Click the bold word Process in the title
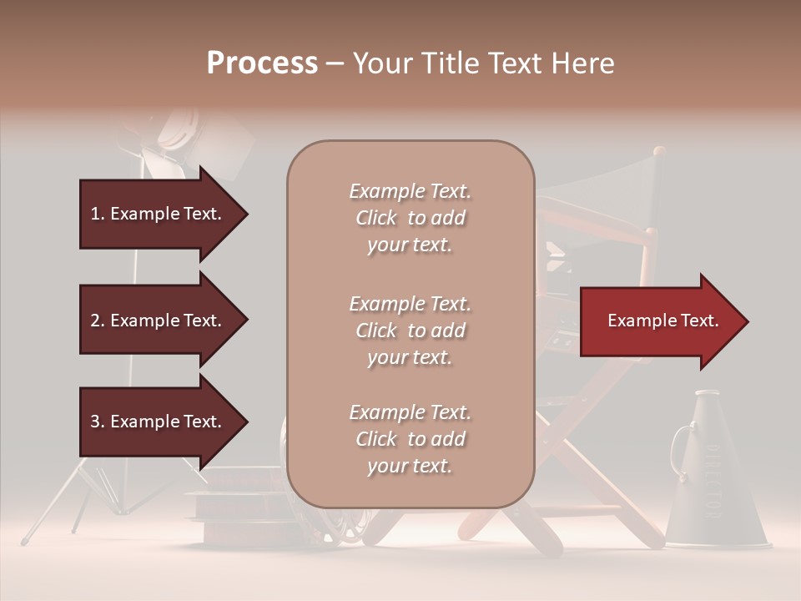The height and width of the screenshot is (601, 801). point(262,63)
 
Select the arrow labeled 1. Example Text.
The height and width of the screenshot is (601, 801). point(159,214)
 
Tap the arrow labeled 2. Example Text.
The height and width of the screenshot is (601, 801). point(159,321)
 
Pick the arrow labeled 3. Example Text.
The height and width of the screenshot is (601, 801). point(159,422)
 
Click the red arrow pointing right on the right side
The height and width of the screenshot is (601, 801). point(659,321)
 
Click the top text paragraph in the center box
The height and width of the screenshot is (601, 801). point(410,218)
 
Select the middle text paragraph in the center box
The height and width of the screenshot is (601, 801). point(410,331)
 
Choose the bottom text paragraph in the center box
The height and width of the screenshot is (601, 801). point(410,439)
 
